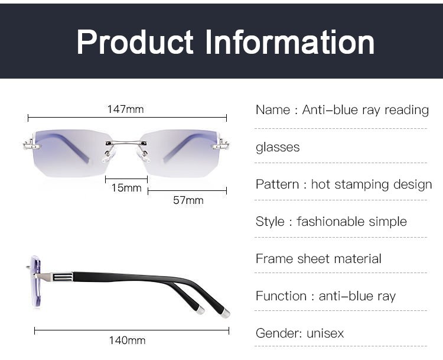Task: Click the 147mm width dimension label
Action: click(x=125, y=109)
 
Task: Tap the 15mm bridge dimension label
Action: click(x=126, y=188)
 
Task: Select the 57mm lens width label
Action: click(x=188, y=200)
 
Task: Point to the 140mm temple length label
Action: click(x=128, y=340)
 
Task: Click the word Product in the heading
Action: click(x=135, y=42)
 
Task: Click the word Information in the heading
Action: click(x=290, y=42)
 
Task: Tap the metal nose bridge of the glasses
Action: click(x=126, y=144)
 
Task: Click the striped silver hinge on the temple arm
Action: click(x=63, y=277)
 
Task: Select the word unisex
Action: click(x=325, y=333)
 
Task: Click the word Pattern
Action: click(x=277, y=184)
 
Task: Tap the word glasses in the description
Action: click(x=278, y=148)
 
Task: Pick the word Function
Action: click(x=281, y=296)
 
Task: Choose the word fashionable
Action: click(x=330, y=222)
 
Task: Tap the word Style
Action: click(x=270, y=222)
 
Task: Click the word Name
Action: click(x=273, y=110)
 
